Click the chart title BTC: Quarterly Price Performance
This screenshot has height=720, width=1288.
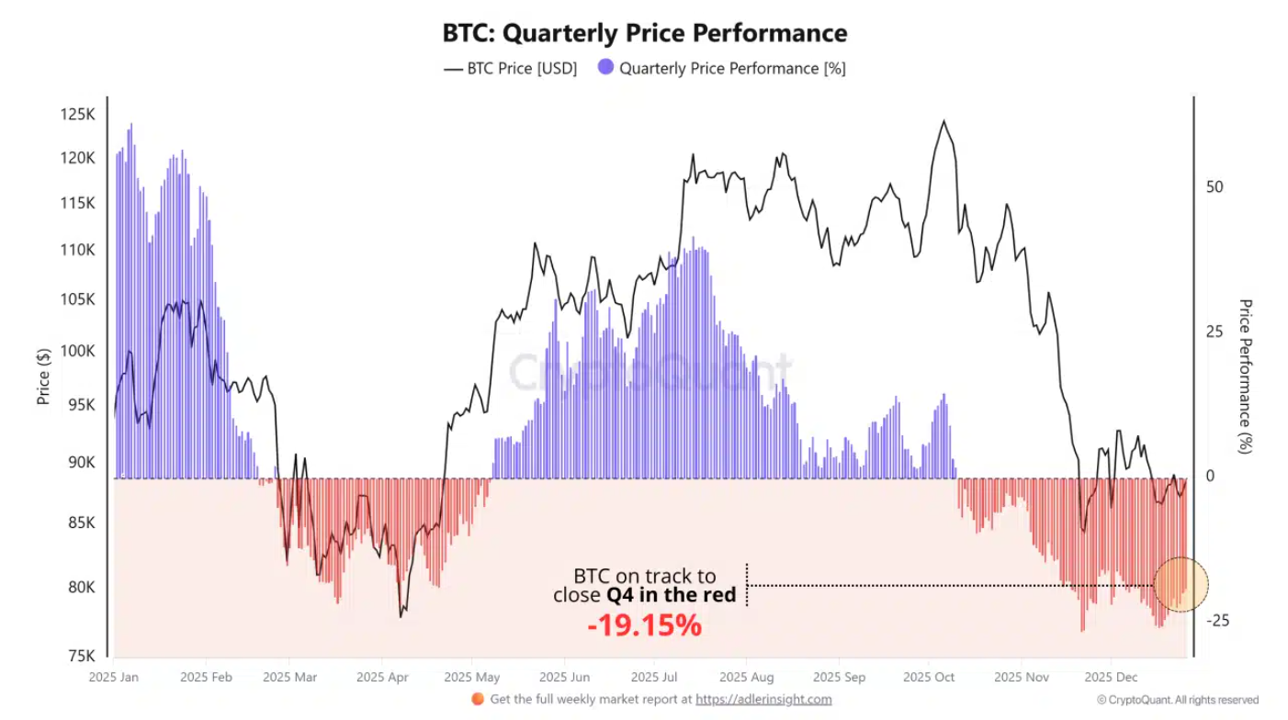[644, 34]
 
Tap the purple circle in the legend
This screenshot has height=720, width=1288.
[605, 68]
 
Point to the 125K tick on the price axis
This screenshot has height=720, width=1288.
[78, 115]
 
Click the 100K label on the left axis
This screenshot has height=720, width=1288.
[78, 351]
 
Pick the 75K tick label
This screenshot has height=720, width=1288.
[80, 656]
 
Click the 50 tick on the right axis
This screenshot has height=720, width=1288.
[1215, 186]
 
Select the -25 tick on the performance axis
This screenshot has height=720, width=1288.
[1216, 621]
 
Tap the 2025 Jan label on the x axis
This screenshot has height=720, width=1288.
[113, 678]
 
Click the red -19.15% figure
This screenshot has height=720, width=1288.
[644, 625]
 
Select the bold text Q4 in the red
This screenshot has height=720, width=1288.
[672, 595]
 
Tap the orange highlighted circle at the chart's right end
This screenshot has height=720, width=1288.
[1181, 584]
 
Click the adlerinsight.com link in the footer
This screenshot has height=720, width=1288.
[763, 699]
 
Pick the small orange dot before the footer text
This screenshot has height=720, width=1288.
[477, 699]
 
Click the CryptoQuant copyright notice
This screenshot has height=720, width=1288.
[1177, 700]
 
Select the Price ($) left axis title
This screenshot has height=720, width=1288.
[43, 376]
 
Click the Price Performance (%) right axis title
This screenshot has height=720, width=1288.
[1247, 376]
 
